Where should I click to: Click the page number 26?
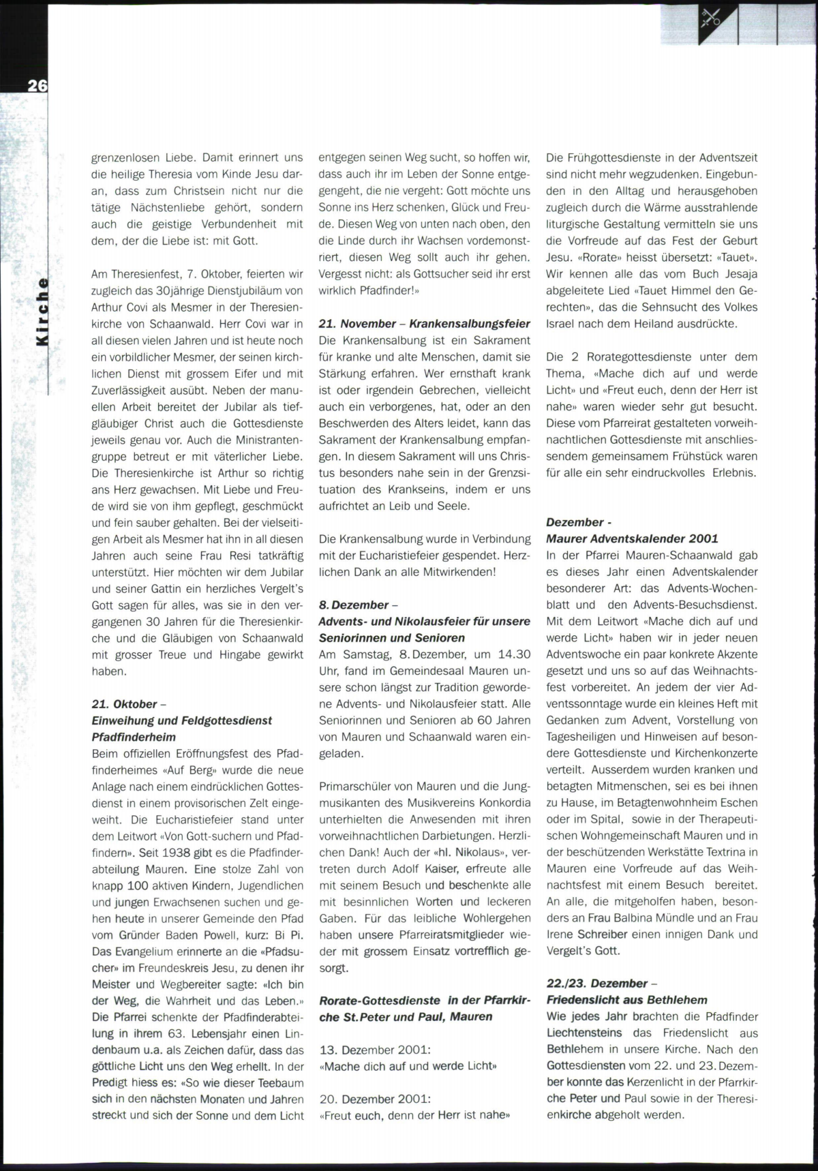click(37, 85)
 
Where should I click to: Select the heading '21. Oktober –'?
click(129, 703)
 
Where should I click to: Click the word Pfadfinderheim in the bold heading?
click(134, 737)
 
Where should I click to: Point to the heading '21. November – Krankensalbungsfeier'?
click(424, 324)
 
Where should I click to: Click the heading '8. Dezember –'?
click(358, 605)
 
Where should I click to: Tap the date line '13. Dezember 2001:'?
click(375, 1050)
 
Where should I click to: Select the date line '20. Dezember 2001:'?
click(375, 1099)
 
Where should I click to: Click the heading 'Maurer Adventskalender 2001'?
click(632, 538)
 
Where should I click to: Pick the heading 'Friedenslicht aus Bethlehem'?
click(626, 1000)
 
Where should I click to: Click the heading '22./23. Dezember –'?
click(601, 983)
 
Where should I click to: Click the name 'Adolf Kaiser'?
click(426, 869)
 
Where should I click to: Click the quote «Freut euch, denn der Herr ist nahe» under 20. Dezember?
click(414, 1115)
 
